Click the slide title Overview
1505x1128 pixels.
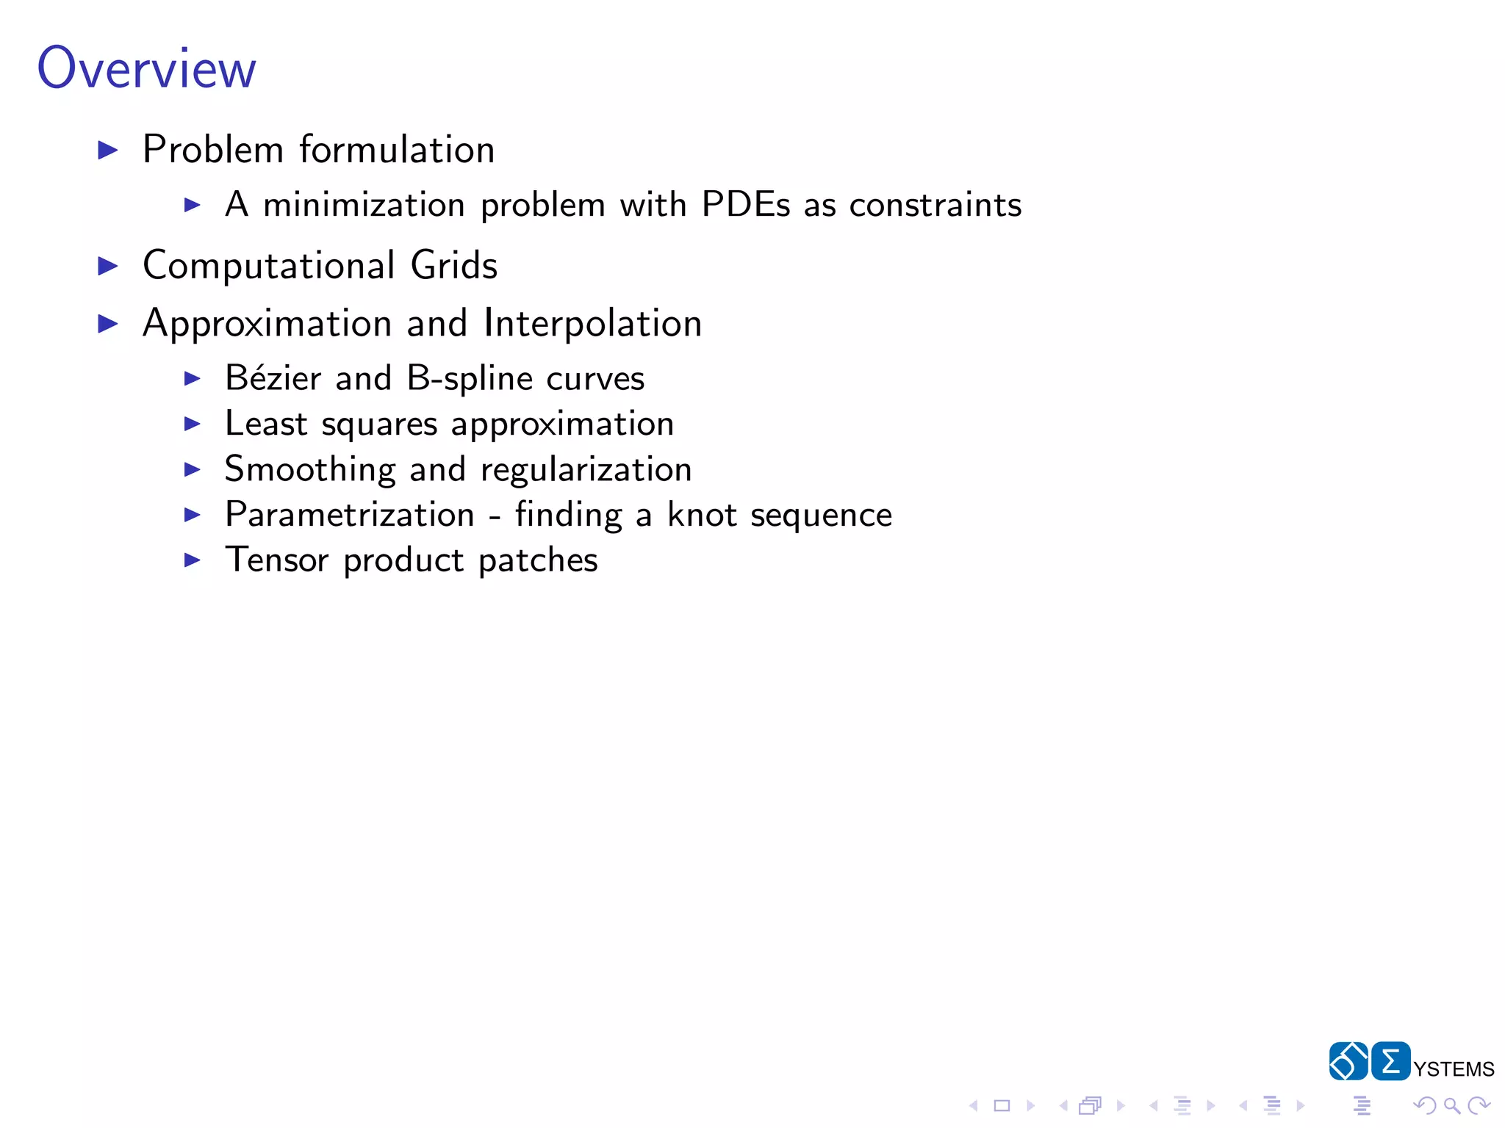(147, 68)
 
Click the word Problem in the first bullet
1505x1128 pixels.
(213, 150)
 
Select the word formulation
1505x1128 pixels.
(397, 150)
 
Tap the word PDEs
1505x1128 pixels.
(746, 204)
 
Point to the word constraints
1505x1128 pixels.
(935, 205)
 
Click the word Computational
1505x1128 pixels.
(269, 266)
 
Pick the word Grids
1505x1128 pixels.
(454, 265)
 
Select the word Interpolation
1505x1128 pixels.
(593, 323)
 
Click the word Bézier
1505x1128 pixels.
(273, 378)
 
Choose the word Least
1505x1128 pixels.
(266, 424)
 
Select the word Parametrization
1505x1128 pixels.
(350, 514)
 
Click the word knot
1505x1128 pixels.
(702, 514)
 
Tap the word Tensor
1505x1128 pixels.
(276, 560)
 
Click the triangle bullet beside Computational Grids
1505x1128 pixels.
(108, 266)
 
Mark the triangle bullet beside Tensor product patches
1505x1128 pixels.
(193, 560)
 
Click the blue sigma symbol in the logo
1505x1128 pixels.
(1390, 1061)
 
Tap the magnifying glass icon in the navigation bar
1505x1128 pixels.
(1451, 1105)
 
